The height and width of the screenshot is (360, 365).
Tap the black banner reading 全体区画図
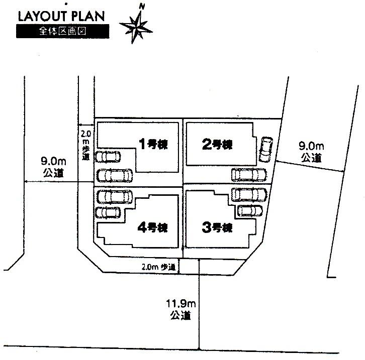(62, 31)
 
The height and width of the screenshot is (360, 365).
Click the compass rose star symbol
(134, 27)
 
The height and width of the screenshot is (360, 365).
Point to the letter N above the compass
(142, 7)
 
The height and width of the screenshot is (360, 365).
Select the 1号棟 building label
(153, 145)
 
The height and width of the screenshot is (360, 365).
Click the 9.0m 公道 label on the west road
(53, 167)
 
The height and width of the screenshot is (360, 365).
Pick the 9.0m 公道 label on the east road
(312, 152)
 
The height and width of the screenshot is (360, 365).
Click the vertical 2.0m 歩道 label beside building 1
(86, 146)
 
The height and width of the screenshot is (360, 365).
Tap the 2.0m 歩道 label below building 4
(158, 267)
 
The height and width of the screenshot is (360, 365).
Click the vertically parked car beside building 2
(265, 150)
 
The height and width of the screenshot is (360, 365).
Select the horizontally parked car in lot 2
(249, 175)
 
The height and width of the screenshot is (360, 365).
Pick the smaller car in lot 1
(108, 157)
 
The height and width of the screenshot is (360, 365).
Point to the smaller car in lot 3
(250, 210)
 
